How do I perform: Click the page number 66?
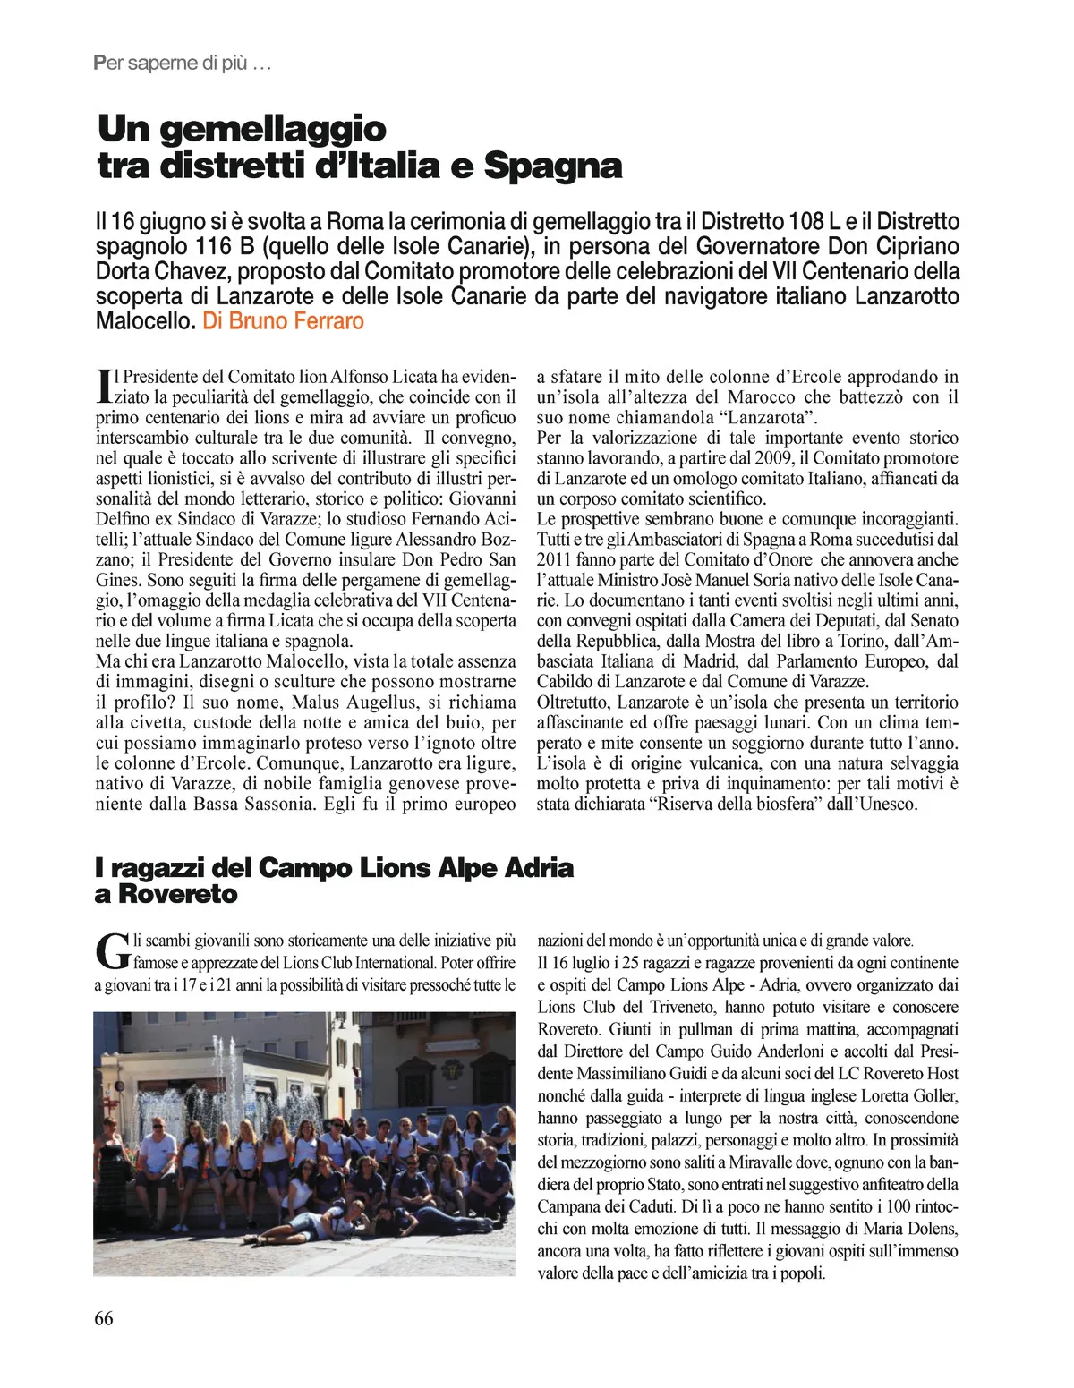click(104, 1318)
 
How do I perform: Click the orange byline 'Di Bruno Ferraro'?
click(284, 320)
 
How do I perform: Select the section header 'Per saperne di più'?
click(181, 64)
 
